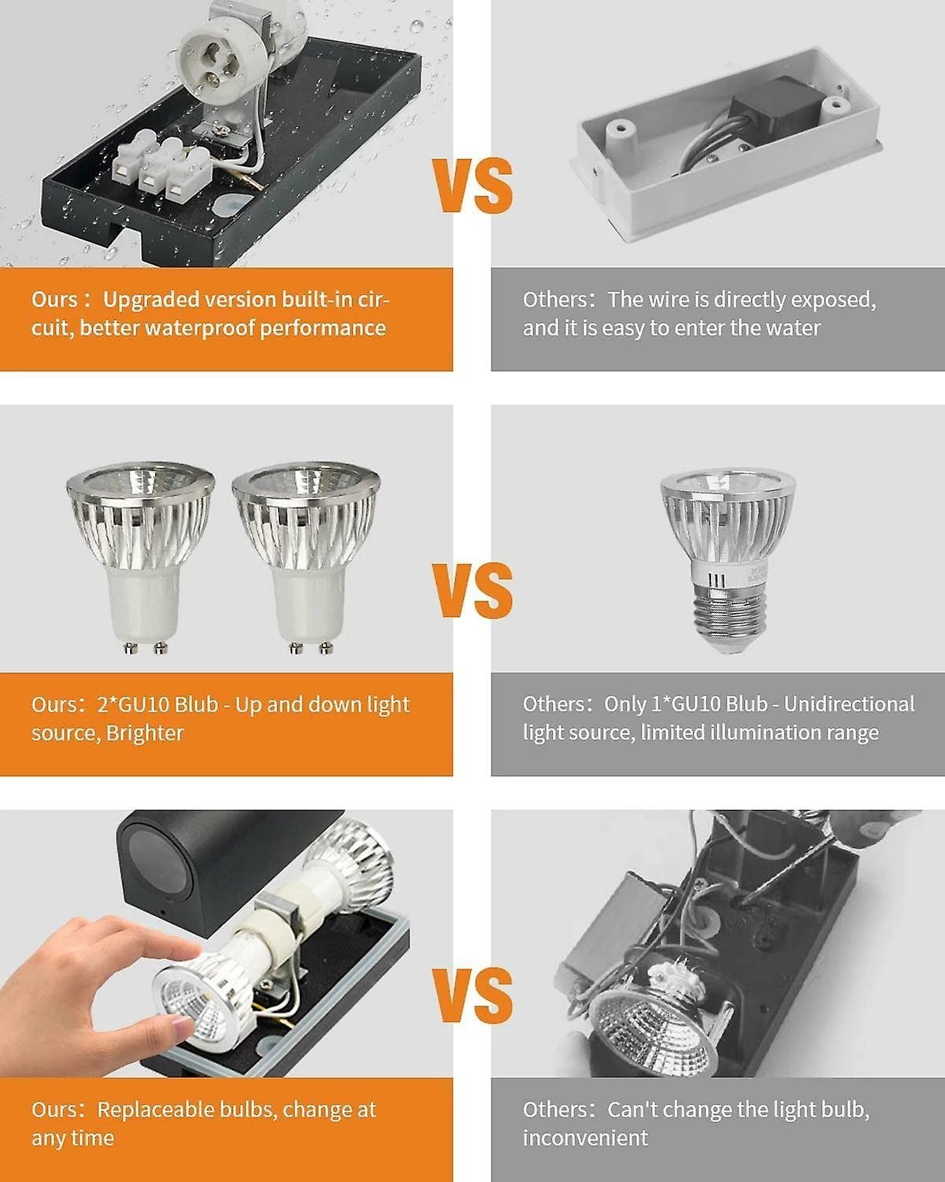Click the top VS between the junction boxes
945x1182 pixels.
[x=472, y=186]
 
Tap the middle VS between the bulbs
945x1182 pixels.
[x=472, y=590]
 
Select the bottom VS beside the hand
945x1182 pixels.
[x=472, y=996]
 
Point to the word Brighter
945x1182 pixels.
[x=145, y=734]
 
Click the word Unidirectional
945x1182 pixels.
[x=849, y=704]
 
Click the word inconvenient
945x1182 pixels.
[x=585, y=1138]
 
